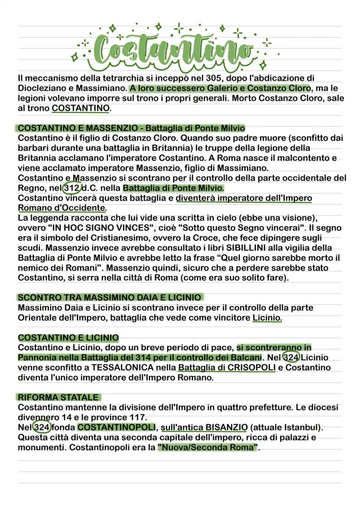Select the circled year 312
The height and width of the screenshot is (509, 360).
tap(72, 188)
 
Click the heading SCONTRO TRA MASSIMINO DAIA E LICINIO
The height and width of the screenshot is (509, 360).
tap(110, 297)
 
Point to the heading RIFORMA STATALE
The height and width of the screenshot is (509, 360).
tap(58, 397)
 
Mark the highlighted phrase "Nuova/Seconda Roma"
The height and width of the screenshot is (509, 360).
tap(208, 447)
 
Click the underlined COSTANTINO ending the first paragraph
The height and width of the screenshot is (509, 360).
tap(80, 108)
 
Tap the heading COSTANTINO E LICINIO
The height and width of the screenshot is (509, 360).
tap(68, 337)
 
